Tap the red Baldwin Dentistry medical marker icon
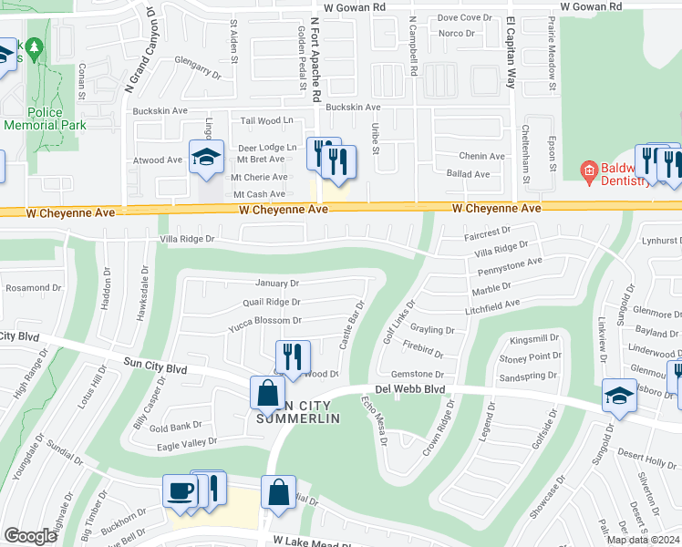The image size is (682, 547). [589, 170]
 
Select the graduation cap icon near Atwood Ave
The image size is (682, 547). [206, 158]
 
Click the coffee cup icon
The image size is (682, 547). [180, 490]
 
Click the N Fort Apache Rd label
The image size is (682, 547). [315, 57]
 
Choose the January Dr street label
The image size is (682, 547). [277, 284]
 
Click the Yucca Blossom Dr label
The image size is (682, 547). [264, 321]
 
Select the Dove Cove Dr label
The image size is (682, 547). [464, 17]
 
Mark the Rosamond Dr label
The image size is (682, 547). [32, 287]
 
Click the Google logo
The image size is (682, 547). [30, 535]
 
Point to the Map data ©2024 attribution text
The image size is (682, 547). [642, 540]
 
